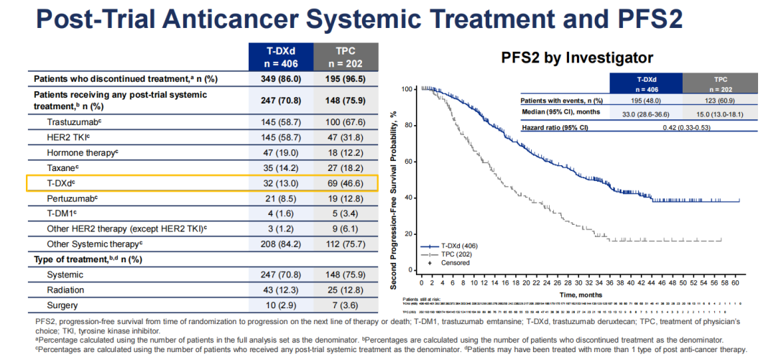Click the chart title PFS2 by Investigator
click(x=578, y=57)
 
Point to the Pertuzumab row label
click(x=72, y=198)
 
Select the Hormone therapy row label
click(x=82, y=152)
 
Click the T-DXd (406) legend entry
click(x=460, y=245)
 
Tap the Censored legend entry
click(x=455, y=262)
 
